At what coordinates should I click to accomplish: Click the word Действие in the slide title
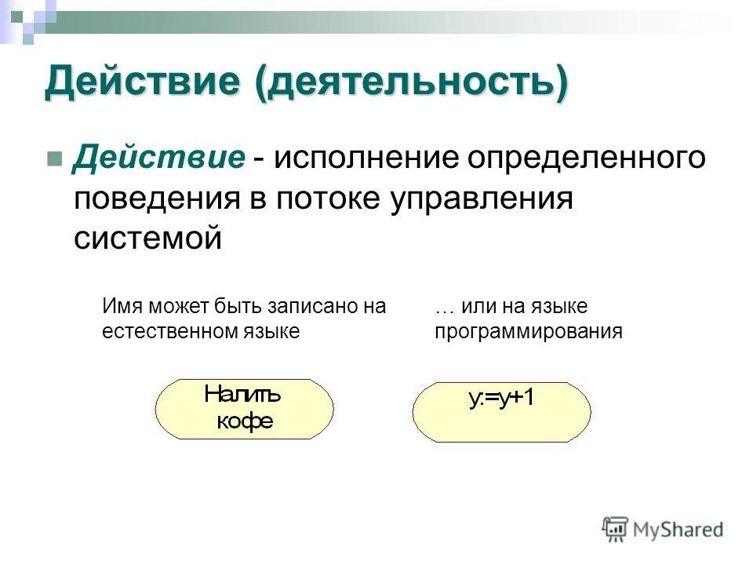[x=142, y=82]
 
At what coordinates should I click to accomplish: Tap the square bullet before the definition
[x=54, y=159]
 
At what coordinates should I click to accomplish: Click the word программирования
[x=528, y=331]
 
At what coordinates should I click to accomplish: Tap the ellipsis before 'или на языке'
[x=444, y=306]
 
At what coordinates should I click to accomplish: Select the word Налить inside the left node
[x=242, y=395]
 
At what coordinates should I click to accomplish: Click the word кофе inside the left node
[x=245, y=421]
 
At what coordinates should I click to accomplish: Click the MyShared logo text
[x=678, y=530]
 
